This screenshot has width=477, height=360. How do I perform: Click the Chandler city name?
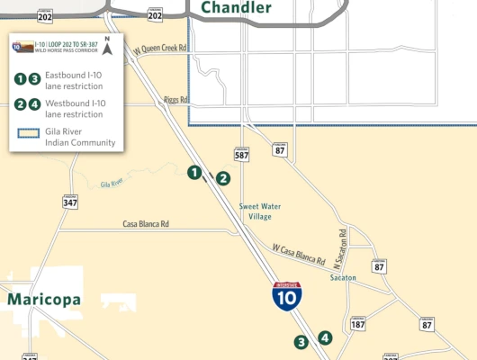(236, 8)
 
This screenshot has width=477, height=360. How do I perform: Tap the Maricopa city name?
(44, 299)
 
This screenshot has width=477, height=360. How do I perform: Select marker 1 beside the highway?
(193, 172)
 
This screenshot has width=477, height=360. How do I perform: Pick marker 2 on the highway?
(222, 178)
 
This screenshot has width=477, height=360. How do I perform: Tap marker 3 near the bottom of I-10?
(301, 342)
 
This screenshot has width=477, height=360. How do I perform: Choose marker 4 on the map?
(325, 338)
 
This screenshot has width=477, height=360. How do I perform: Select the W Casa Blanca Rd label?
(299, 255)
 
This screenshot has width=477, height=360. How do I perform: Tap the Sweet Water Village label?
(260, 211)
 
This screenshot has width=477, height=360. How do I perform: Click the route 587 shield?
(241, 154)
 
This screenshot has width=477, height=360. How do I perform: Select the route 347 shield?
(68, 202)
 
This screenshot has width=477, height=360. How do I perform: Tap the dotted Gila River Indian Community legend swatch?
(25, 132)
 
